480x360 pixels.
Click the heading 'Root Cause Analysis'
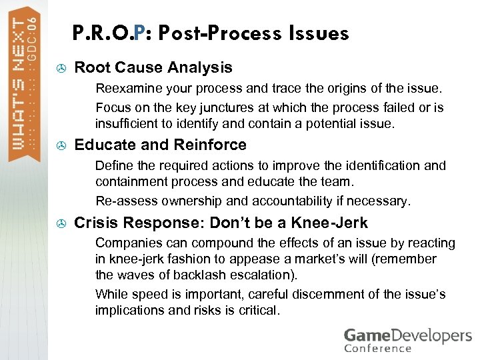153,67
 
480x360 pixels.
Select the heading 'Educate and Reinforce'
160,145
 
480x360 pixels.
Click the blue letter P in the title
139,33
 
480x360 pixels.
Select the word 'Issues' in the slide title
319,33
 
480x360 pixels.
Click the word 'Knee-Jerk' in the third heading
333,223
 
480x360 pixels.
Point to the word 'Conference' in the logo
377,349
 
